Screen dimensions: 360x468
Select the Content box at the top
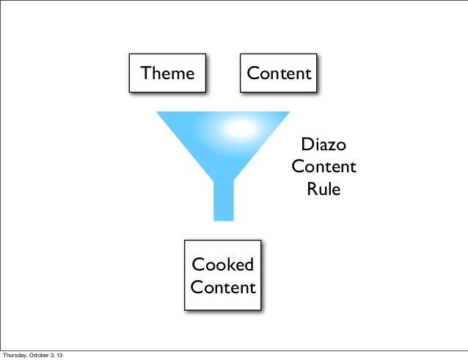click(279, 73)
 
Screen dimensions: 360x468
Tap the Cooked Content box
click(222, 275)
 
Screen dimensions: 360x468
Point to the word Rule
click(323, 188)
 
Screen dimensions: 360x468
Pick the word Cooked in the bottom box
click(222, 265)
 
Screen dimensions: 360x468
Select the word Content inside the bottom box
click(223, 287)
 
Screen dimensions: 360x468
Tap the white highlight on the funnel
click(236, 128)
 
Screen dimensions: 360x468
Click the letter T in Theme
click(145, 73)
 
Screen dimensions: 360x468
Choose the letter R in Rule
click(311, 188)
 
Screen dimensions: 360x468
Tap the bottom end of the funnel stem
click(223, 218)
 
